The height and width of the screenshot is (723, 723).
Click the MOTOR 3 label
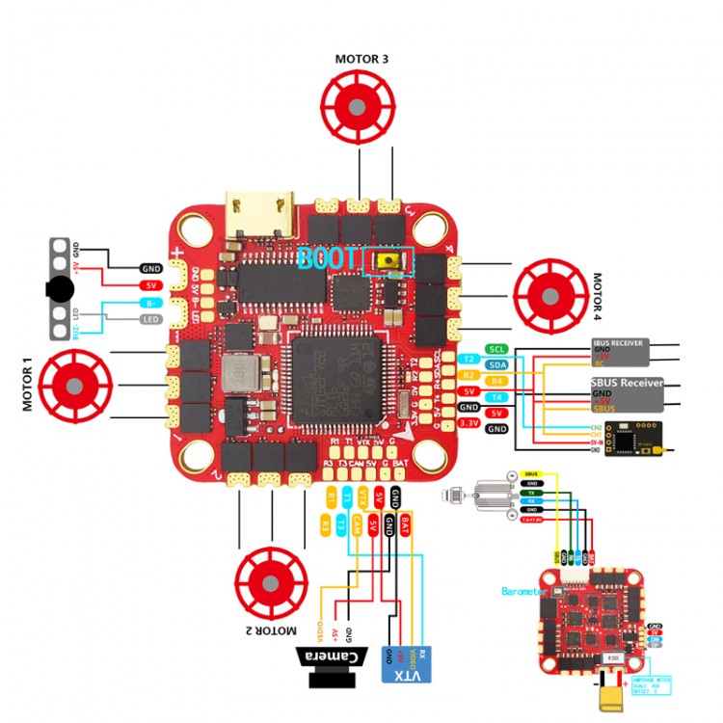pos(361,59)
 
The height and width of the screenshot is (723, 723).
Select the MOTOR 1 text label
pos(28,383)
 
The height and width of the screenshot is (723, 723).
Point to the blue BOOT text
pos(328,258)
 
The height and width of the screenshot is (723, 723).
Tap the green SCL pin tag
pos(496,349)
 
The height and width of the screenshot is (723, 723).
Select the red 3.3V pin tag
pos(469,423)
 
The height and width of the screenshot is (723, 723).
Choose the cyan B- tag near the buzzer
pos(151,303)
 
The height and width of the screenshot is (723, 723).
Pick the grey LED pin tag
pos(151,319)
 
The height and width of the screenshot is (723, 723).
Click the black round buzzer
pos(60,287)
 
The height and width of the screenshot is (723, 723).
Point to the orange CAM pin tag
pos(357,524)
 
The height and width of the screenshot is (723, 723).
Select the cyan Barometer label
pos(524,591)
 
